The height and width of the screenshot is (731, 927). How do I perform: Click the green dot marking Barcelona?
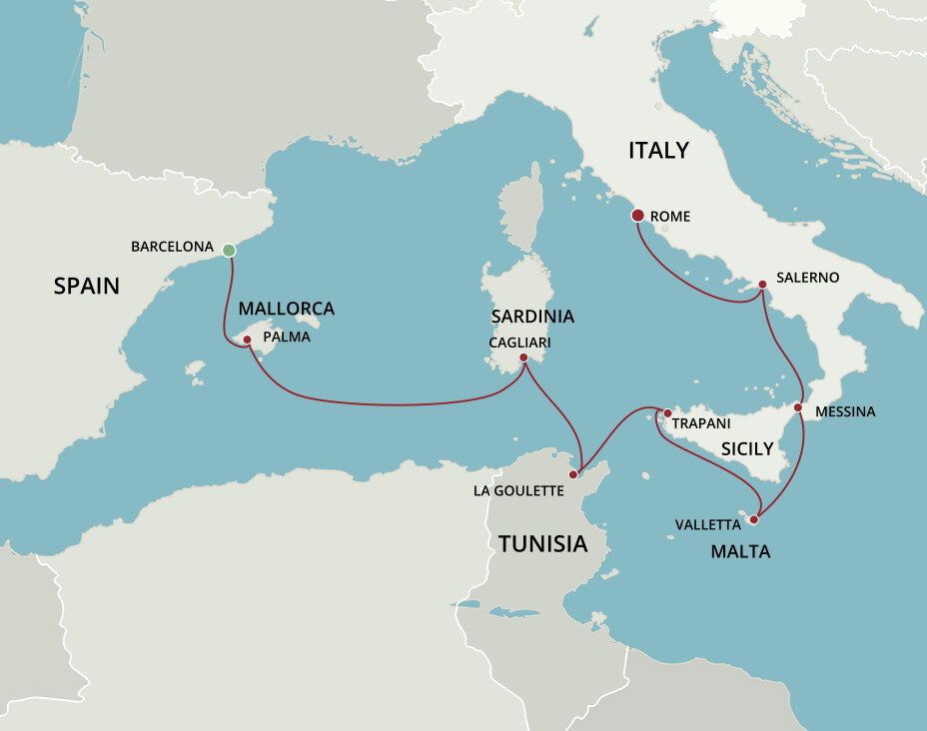point(229,250)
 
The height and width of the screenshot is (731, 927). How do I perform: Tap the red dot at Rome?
point(637,215)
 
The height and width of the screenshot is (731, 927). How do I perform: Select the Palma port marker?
point(247,340)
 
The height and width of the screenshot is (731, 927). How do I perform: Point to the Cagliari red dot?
point(523,357)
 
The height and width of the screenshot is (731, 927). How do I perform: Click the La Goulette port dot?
point(572,474)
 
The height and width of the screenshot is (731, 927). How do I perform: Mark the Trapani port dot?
point(666,412)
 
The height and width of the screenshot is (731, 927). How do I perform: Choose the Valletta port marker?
point(754,519)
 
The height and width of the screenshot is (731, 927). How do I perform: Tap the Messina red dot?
point(798,407)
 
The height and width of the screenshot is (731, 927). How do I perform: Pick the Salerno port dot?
point(762,285)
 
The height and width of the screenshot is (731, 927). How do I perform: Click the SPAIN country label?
point(86,287)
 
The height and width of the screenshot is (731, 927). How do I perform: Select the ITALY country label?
point(658,151)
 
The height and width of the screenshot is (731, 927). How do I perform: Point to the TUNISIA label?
point(542,544)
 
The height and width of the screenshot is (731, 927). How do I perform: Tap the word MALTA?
point(740,551)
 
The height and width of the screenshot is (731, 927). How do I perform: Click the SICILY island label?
point(747,449)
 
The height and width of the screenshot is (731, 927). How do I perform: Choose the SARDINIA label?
point(532,317)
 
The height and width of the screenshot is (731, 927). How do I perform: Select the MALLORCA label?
point(286,309)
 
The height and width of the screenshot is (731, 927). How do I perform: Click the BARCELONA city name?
point(172,246)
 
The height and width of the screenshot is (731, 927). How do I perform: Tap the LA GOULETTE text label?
point(519,490)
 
